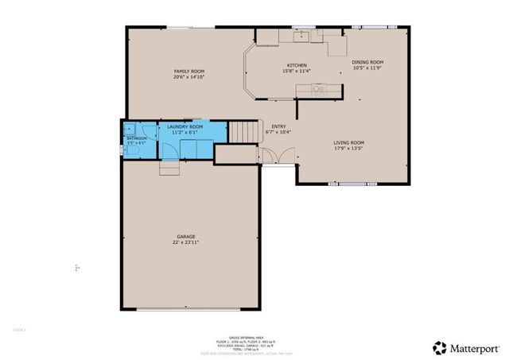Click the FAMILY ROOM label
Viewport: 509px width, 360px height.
[189, 72]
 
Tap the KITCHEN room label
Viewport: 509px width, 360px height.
[297, 65]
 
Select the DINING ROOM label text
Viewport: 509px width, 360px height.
[368, 62]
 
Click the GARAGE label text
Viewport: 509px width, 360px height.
[186, 236]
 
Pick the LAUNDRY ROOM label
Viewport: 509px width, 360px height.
[184, 127]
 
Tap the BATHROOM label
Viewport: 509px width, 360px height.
[137, 137]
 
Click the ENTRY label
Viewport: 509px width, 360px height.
[278, 126]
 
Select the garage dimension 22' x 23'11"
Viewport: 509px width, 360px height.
[186, 242]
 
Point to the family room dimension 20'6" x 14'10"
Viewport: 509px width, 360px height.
[189, 77]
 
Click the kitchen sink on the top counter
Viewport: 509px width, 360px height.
[302, 36]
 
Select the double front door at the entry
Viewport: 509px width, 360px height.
[274, 165]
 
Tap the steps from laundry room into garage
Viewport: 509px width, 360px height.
[169, 168]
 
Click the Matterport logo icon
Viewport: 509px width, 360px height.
[439, 346]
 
